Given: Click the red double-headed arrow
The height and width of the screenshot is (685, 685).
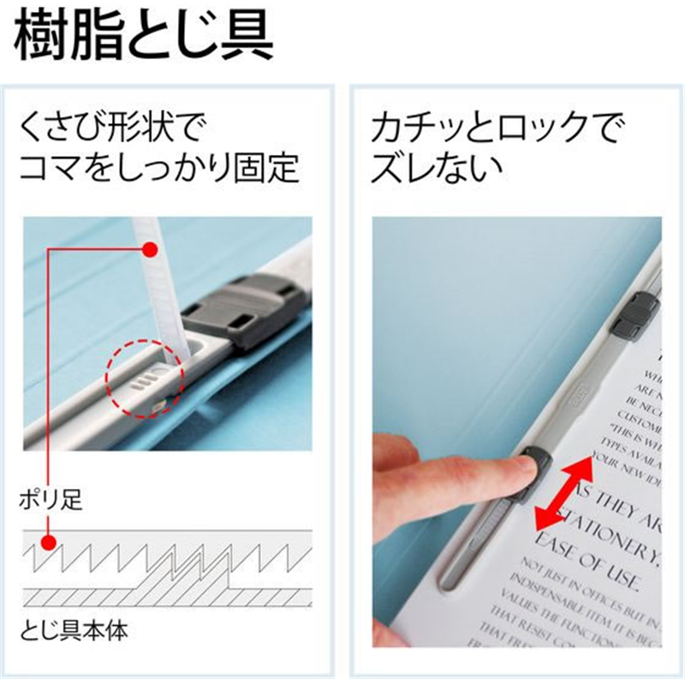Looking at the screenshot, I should click(x=562, y=494).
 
